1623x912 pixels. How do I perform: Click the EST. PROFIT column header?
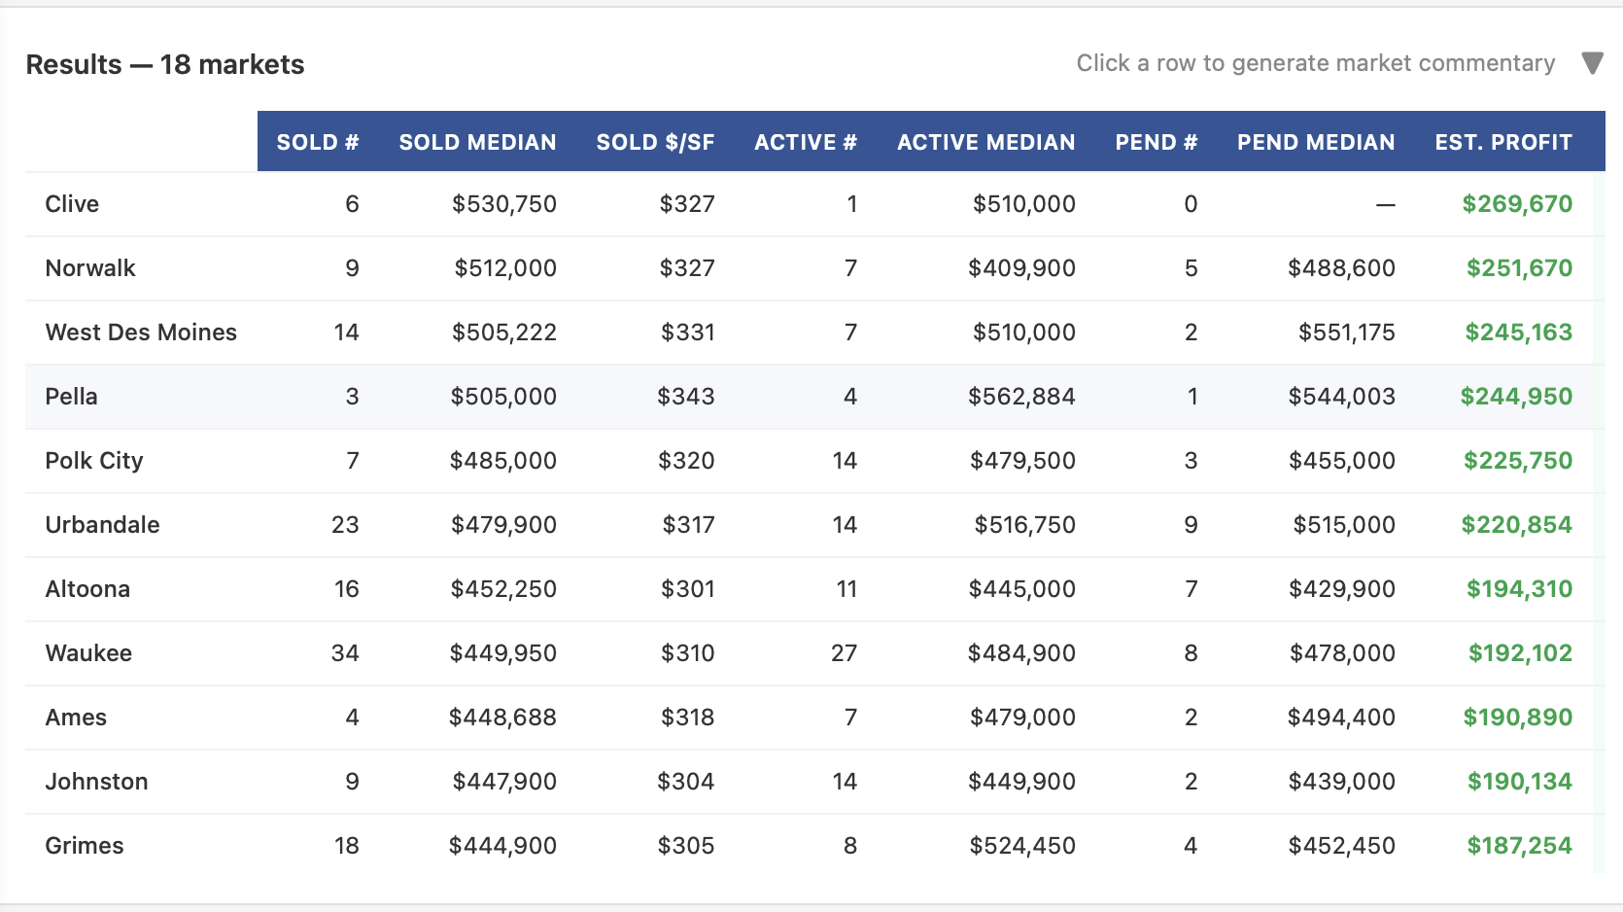click(1502, 142)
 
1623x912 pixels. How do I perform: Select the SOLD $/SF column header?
click(655, 142)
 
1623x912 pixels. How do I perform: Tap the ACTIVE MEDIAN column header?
click(985, 142)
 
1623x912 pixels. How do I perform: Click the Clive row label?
click(72, 204)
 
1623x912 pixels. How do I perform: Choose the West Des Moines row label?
click(141, 333)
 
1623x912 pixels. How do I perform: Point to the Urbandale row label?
click(102, 525)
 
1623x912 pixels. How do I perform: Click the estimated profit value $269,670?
click(1517, 204)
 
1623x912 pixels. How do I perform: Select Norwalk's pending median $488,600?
click(1341, 268)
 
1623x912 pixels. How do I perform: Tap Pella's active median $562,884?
click(1021, 397)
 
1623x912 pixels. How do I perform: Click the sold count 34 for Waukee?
click(345, 653)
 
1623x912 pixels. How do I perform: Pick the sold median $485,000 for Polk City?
click(502, 461)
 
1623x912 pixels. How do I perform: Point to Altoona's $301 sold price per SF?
click(687, 589)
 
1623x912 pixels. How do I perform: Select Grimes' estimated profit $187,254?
click(1519, 846)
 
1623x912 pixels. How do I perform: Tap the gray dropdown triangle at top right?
click(1592, 63)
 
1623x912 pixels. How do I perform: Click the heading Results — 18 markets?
click(165, 64)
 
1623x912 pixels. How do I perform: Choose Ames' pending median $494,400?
click(1341, 718)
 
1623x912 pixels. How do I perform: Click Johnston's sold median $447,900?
click(503, 782)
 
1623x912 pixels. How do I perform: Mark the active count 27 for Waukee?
click(844, 653)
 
